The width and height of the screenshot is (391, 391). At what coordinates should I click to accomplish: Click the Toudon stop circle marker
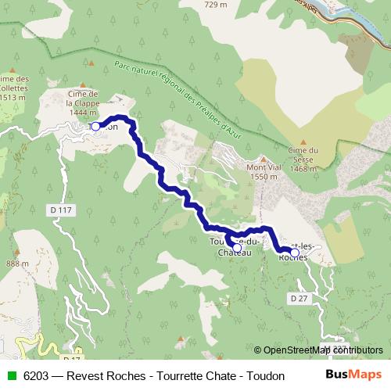pos(95,126)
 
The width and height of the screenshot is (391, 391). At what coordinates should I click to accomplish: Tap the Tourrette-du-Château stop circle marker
pos(237,247)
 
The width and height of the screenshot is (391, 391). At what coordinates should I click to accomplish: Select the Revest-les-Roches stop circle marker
pos(295,253)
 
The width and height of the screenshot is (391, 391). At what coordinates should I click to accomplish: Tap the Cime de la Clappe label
pos(81,102)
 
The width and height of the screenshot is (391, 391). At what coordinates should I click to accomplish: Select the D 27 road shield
pos(297,298)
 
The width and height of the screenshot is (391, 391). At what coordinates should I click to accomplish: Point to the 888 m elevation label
pos(16,264)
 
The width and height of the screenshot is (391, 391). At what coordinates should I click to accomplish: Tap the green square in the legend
pos(10,375)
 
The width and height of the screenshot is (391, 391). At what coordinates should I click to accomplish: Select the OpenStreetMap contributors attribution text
pos(323,350)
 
